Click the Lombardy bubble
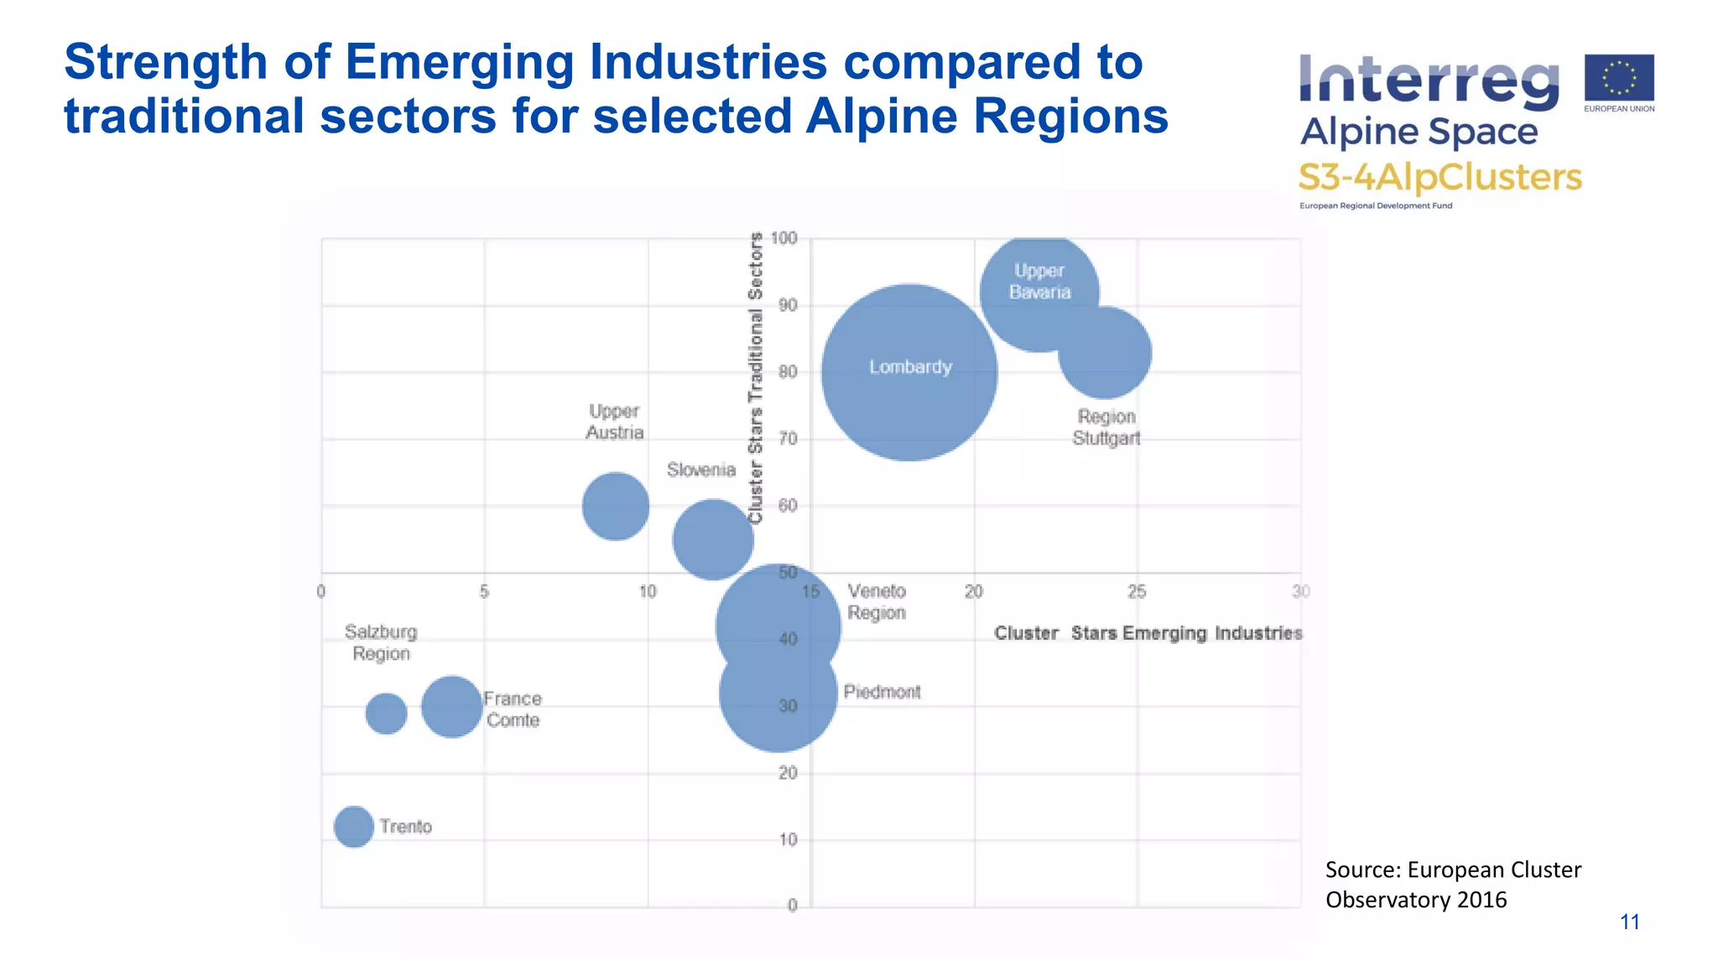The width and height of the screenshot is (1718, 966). (909, 372)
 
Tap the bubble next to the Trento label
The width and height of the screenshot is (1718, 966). (354, 827)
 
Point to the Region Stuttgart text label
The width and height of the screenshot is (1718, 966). (1106, 428)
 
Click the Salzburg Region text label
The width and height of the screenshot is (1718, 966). (381, 643)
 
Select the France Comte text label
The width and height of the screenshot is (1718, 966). (513, 709)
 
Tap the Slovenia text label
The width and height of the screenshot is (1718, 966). (701, 470)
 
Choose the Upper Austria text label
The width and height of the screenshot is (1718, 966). (615, 422)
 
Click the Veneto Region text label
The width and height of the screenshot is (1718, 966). (877, 602)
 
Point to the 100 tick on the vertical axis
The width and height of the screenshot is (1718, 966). (784, 238)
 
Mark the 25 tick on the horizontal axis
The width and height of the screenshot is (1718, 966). (1137, 592)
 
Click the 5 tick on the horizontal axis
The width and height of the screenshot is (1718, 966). (484, 592)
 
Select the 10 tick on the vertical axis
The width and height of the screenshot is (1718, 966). (788, 839)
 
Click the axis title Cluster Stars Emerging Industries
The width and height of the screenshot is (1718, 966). (1148, 633)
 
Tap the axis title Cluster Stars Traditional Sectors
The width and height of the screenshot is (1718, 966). (756, 377)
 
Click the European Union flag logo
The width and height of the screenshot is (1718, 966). (1619, 78)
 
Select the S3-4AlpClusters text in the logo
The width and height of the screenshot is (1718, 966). (1439, 178)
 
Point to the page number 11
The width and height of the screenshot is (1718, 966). (1629, 922)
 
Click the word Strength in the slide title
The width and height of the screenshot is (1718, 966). (165, 62)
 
